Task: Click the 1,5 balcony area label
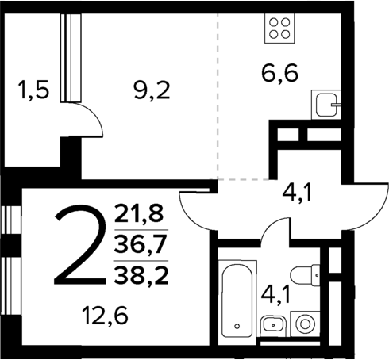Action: click(33, 90)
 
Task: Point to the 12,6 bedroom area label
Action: click(105, 317)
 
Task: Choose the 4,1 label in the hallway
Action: click(301, 191)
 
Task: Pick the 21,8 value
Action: click(137, 213)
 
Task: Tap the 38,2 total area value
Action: click(137, 274)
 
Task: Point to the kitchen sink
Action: click(326, 104)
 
